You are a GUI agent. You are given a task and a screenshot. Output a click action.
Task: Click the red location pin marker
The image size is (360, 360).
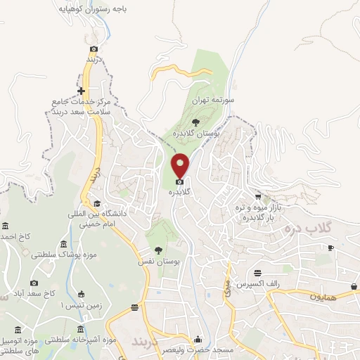click(181, 165)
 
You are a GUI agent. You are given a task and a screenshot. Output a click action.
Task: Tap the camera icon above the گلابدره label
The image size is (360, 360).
click(180, 181)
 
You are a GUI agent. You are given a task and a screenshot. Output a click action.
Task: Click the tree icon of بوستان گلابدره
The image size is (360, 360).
click(205, 123)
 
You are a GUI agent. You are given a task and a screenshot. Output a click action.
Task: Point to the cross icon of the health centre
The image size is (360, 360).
click(82, 91)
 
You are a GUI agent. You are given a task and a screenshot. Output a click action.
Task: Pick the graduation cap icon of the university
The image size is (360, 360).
click(96, 203)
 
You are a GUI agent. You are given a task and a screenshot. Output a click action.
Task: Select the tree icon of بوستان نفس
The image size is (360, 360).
click(158, 250)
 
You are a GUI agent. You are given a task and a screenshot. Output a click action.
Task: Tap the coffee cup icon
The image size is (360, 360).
click(330, 247)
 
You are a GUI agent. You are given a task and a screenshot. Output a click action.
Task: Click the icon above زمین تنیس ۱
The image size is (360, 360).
click(80, 294)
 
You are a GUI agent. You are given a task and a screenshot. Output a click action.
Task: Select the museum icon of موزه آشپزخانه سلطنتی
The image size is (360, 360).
click(81, 329)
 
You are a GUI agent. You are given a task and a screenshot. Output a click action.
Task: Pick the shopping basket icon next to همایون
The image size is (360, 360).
click(354, 286)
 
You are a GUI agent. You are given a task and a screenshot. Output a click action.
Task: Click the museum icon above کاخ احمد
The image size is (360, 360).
click(6, 226)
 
